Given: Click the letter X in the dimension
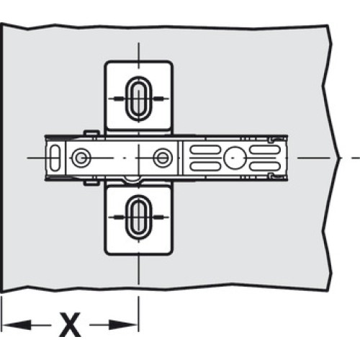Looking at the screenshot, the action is coord(70,325).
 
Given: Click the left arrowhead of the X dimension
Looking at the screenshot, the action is coord(17,325).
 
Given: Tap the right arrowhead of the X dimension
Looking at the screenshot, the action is coord(123,325).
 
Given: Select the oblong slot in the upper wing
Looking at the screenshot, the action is coord(139,99).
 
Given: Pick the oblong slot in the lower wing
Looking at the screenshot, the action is coord(139,217).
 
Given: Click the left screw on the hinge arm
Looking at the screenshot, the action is coord(81,158).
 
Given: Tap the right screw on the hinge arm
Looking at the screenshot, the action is coord(163,158).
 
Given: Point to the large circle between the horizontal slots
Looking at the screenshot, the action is coord(235,158).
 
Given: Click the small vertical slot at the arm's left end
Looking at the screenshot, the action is coord(55,158).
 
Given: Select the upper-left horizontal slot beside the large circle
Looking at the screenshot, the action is coord(205,150).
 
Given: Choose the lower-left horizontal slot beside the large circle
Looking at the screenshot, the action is coord(205,166).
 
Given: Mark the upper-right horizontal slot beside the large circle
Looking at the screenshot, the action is coord(265,150).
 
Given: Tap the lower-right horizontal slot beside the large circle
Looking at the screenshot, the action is coord(265,166).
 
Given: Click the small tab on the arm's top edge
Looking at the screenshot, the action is coord(91,132).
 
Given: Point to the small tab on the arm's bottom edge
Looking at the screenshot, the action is coord(91,183).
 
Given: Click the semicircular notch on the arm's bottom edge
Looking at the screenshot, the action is coord(132,181).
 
